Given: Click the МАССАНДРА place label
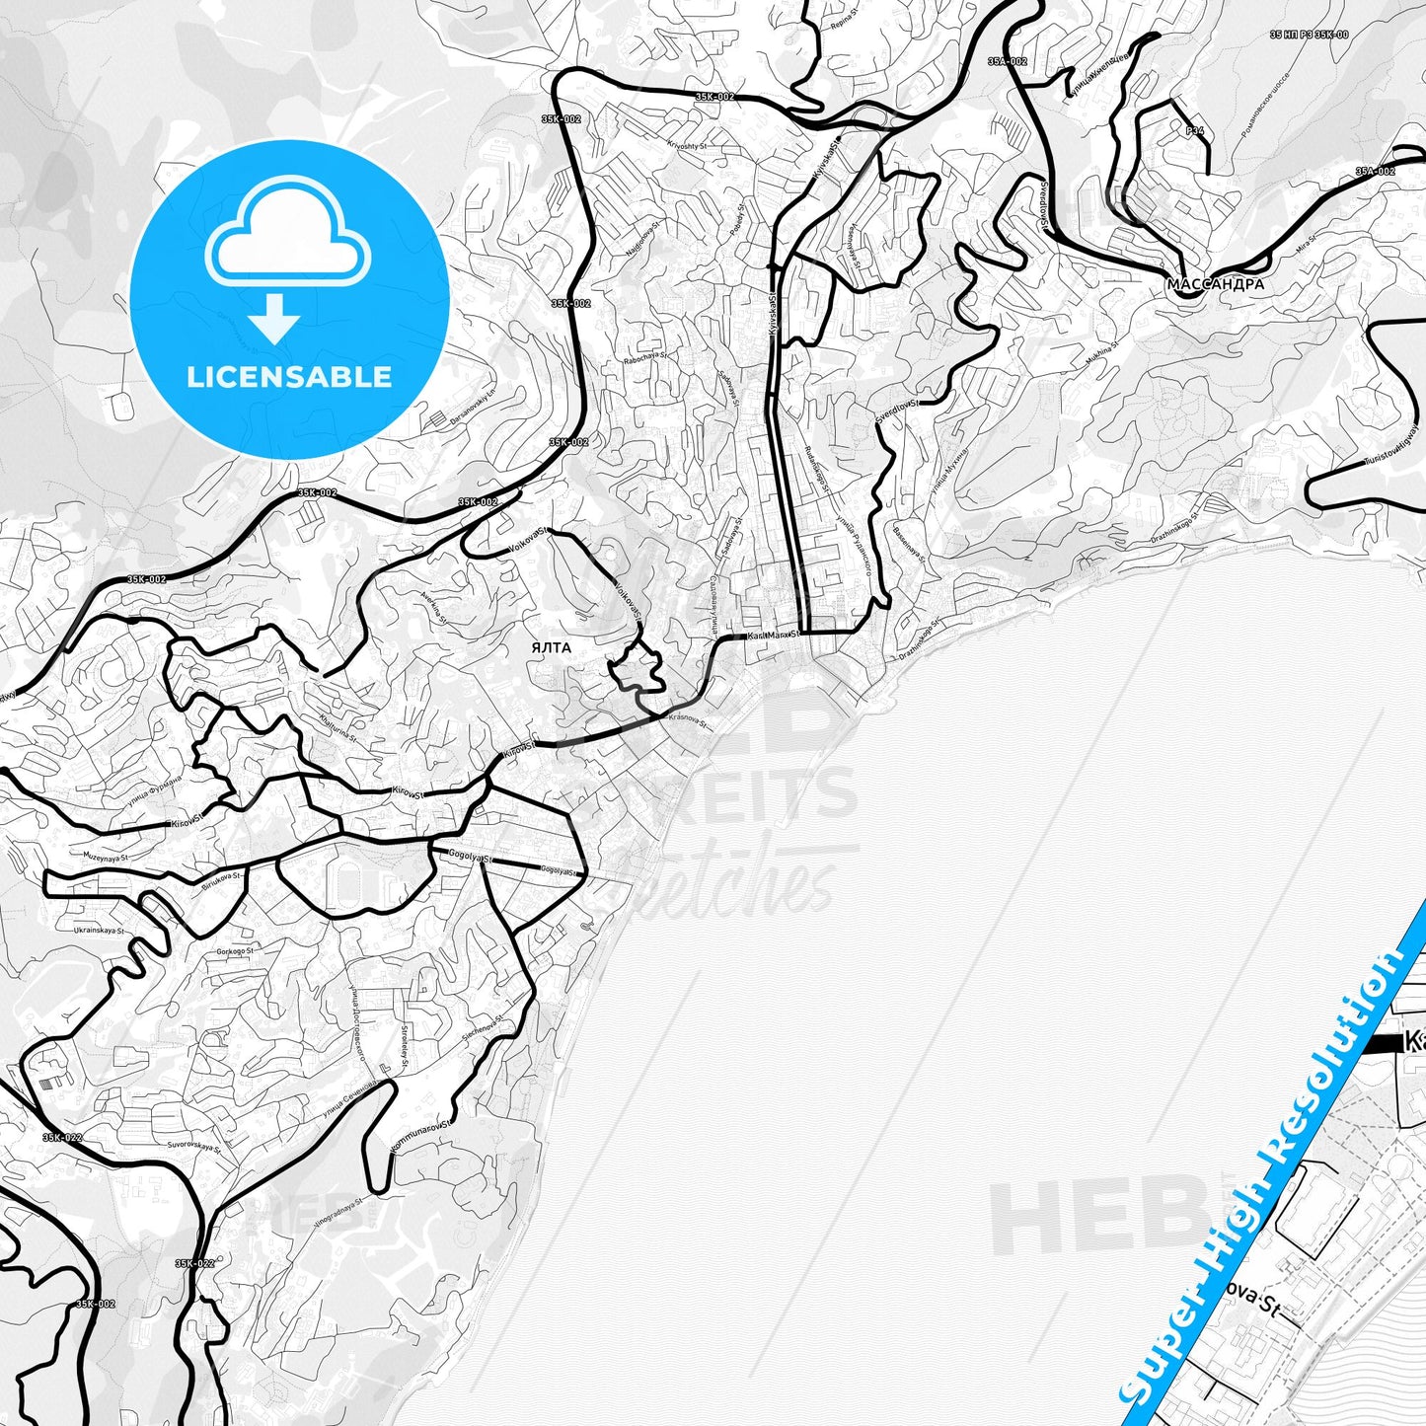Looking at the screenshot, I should [x=1215, y=284].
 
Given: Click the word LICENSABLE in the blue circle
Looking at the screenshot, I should [x=289, y=377].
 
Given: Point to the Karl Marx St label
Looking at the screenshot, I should [x=774, y=635].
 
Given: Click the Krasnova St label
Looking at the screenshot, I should [x=689, y=718].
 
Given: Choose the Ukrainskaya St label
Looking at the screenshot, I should [x=99, y=931].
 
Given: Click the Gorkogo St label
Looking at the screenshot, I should [x=234, y=951].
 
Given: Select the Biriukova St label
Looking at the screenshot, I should [x=222, y=877].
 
